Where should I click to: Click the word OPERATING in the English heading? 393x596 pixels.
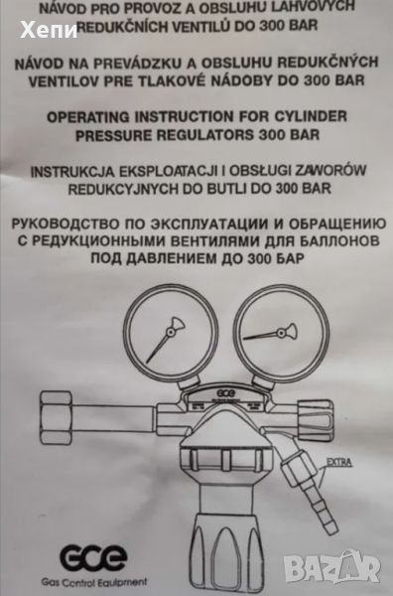pyautogui.click(x=88, y=116)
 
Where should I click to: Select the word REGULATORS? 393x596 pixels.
pyautogui.click(x=203, y=135)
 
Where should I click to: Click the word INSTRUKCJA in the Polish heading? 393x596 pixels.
pyautogui.click(x=72, y=172)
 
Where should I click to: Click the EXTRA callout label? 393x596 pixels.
pyautogui.click(x=338, y=463)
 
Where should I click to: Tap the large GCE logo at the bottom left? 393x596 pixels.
pyautogui.click(x=93, y=558)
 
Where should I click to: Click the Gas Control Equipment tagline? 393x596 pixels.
pyautogui.click(x=94, y=582)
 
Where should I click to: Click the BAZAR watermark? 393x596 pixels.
pyautogui.click(x=331, y=567)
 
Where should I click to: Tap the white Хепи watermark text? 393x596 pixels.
pyautogui.click(x=49, y=30)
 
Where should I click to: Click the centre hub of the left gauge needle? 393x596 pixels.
pyautogui.click(x=171, y=332)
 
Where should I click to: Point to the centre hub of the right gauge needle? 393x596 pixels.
pyautogui.click(x=281, y=334)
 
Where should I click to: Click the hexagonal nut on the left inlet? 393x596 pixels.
pyautogui.click(x=57, y=418)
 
